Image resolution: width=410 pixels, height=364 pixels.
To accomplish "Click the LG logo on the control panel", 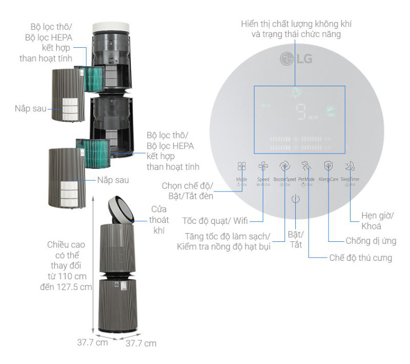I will [x=296, y=59].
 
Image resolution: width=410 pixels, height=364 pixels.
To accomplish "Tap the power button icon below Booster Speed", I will [x=295, y=199].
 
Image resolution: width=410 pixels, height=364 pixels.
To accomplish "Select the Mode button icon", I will [x=242, y=167].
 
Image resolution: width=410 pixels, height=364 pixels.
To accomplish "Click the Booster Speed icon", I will [x=285, y=166].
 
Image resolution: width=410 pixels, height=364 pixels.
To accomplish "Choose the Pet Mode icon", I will [x=306, y=166].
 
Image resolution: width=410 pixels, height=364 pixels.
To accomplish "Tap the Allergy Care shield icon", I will [x=329, y=166].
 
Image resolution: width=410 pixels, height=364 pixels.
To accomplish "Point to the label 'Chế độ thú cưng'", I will [x=360, y=258].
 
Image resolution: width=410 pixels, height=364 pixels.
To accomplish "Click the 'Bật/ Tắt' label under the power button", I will [x=296, y=239].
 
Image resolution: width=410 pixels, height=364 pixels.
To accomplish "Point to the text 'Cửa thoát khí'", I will [x=159, y=220].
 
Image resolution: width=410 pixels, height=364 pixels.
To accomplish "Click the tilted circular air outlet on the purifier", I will [x=121, y=208].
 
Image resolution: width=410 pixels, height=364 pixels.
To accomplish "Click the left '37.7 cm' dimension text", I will [x=93, y=342].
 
